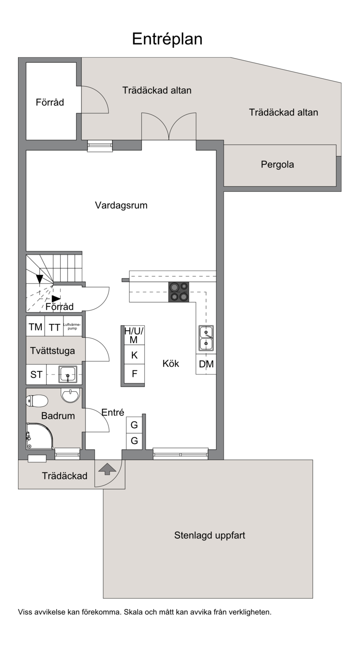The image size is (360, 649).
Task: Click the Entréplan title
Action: pyautogui.click(x=167, y=39)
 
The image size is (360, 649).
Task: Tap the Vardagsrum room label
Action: pyautogui.click(x=121, y=205)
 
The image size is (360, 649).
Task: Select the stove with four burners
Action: pyautogui.click(x=179, y=292)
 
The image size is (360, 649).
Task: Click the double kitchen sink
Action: pyautogui.click(x=206, y=338)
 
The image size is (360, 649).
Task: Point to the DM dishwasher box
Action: pyautogui.click(x=206, y=364)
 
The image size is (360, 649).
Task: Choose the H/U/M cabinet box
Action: pyautogui.click(x=134, y=335)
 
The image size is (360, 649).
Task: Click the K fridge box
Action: pyautogui.click(x=134, y=355)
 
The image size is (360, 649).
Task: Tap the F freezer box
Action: pyautogui.click(x=134, y=374)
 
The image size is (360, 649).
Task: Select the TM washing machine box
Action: pyautogui.click(x=36, y=327)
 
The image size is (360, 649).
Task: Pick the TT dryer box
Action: pyautogui.click(x=54, y=327)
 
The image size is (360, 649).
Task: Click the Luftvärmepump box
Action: pyautogui.click(x=72, y=327)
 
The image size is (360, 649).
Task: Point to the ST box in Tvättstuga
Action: pyautogui.click(x=36, y=374)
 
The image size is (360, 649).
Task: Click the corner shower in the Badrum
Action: pyautogui.click(x=40, y=436)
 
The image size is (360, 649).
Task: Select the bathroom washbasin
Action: pyautogui.click(x=70, y=396)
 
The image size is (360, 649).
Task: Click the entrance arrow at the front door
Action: pyautogui.click(x=107, y=469)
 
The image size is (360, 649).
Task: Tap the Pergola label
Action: pyautogui.click(x=277, y=165)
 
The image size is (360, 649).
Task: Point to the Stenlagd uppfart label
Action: pyautogui.click(x=209, y=535)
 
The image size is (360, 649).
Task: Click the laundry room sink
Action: pyautogui.click(x=68, y=374)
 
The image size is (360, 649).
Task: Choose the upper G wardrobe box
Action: pyautogui.click(x=134, y=425)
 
